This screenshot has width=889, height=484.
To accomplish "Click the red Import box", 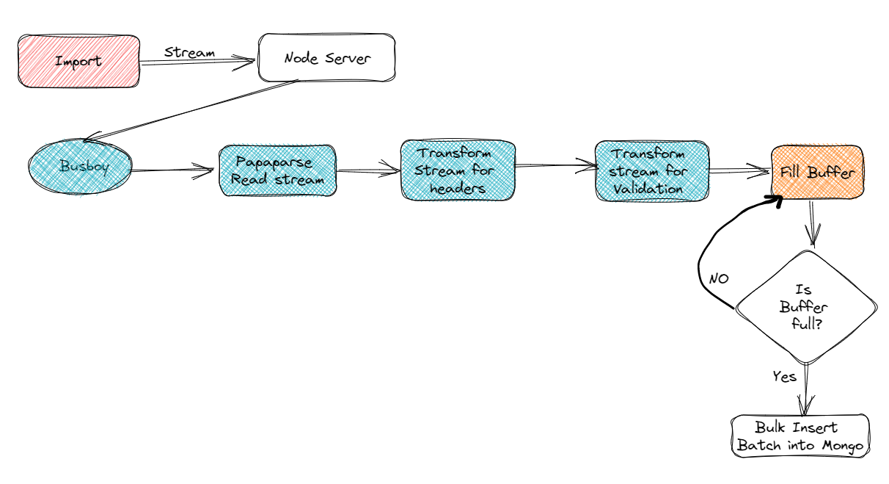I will coord(78,62).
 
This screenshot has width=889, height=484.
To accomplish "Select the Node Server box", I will coord(326,57).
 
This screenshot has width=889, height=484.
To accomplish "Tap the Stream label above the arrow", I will coord(189,52).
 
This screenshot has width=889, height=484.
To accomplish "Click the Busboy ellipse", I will coord(81,167).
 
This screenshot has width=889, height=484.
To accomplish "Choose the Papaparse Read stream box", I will coord(277,170).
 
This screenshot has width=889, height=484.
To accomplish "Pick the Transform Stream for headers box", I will coord(458,170).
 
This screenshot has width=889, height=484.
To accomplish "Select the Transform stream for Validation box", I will coord(651,170).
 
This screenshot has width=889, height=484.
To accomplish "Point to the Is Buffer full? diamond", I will coord(805,307).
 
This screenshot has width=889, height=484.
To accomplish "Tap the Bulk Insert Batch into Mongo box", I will coord(800,436).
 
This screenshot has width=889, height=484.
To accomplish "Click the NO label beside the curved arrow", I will coord(718,279).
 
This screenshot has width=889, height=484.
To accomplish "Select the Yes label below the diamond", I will coord(784,377).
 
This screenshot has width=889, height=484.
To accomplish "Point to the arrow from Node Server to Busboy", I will coord(191,110).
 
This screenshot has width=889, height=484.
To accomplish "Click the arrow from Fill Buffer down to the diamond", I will coord(812,223).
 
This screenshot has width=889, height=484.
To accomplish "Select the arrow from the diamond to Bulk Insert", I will coord(807,389).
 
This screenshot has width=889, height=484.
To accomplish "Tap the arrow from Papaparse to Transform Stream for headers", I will coord(368,172).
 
